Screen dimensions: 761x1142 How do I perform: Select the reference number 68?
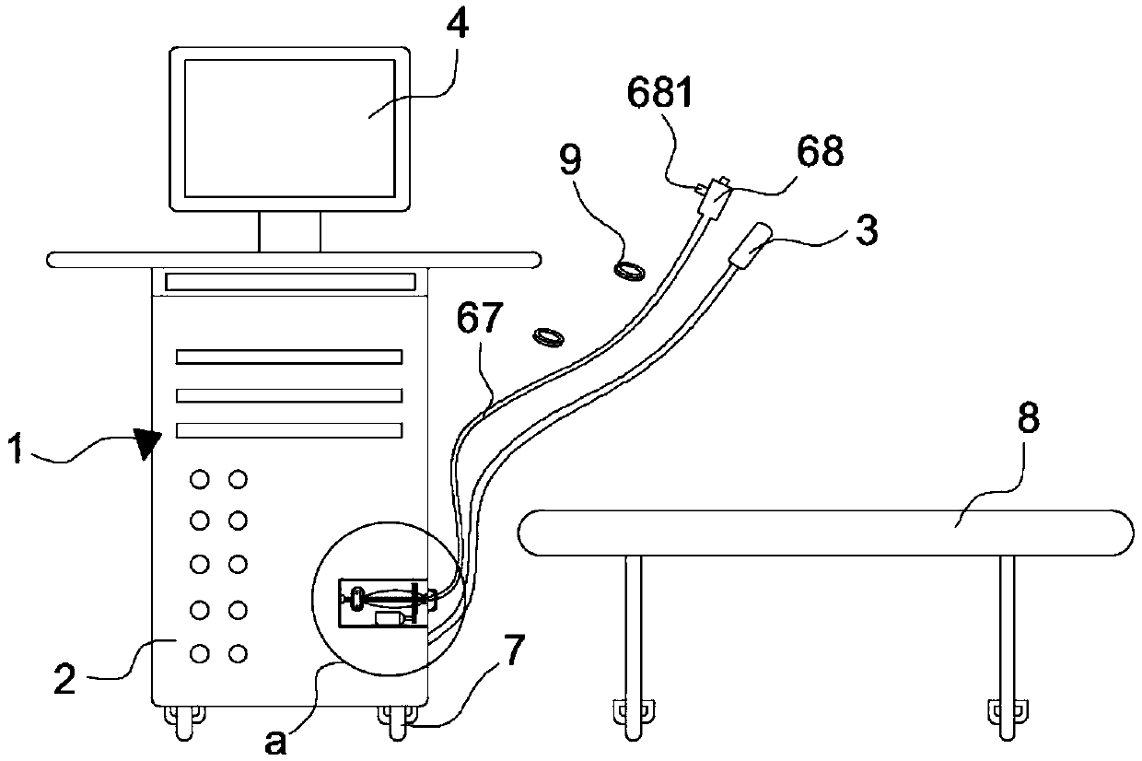[821, 152]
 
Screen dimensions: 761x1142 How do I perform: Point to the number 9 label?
[571, 161]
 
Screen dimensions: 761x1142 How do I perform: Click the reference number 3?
[866, 230]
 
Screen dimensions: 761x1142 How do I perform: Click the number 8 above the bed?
[1028, 419]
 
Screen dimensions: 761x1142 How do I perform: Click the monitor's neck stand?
[289, 230]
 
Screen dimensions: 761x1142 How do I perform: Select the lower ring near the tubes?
[550, 337]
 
